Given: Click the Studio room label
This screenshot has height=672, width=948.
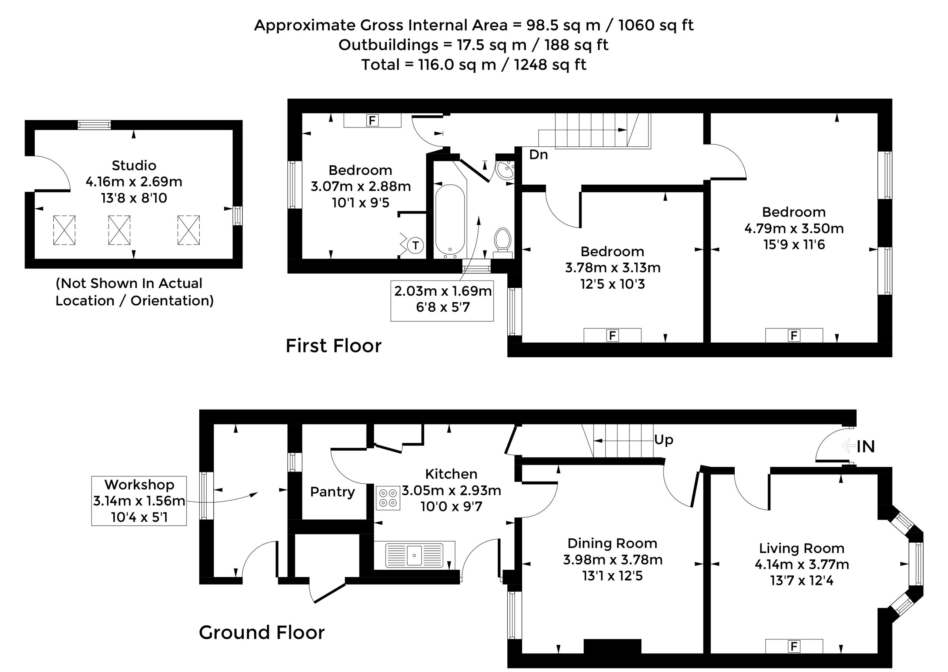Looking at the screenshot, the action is coord(134,166).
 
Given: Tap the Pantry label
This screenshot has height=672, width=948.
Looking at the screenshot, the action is coord(333,491).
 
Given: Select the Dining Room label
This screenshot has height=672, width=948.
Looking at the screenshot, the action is coord(612,543).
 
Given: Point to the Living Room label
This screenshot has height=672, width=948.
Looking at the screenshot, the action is coord(802,548).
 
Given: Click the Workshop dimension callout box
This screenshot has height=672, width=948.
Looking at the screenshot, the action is coord(139,501).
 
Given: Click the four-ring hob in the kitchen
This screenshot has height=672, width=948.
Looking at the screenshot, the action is coord(388,498).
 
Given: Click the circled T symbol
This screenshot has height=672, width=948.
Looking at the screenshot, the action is coord(415,245).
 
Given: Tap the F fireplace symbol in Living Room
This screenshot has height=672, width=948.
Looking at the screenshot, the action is coord(794,646).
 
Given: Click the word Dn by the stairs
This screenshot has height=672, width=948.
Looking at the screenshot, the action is coord(538,155).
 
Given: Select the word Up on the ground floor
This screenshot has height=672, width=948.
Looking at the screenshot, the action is coord(664,440).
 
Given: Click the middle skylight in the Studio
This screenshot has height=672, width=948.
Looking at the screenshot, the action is coord(119,230).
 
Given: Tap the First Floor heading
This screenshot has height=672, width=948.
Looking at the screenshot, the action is coord(333,346).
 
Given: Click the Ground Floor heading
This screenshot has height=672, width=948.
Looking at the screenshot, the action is coord(262,632).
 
